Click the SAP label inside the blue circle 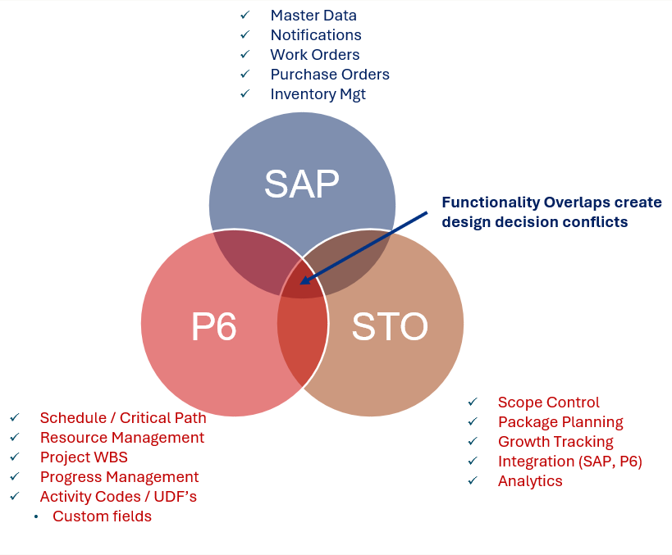coord(302,184)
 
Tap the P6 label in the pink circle coord(213,326)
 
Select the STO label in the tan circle coord(390,326)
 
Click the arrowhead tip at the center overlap coord(300,284)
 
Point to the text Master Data coord(313,16)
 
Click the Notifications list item coord(316,35)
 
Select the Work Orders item coord(314,55)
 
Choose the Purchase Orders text coord(330,75)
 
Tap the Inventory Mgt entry coord(318,94)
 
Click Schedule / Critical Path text coord(123,417)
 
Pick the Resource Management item coord(122,438)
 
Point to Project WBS coord(84,457)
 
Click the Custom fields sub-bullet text coord(102,516)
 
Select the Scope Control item coord(548,403)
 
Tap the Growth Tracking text coord(555,442)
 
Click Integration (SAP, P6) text coord(570,462)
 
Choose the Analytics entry coord(530,481)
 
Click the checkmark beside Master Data coord(245,16)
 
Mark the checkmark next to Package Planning coord(473,422)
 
